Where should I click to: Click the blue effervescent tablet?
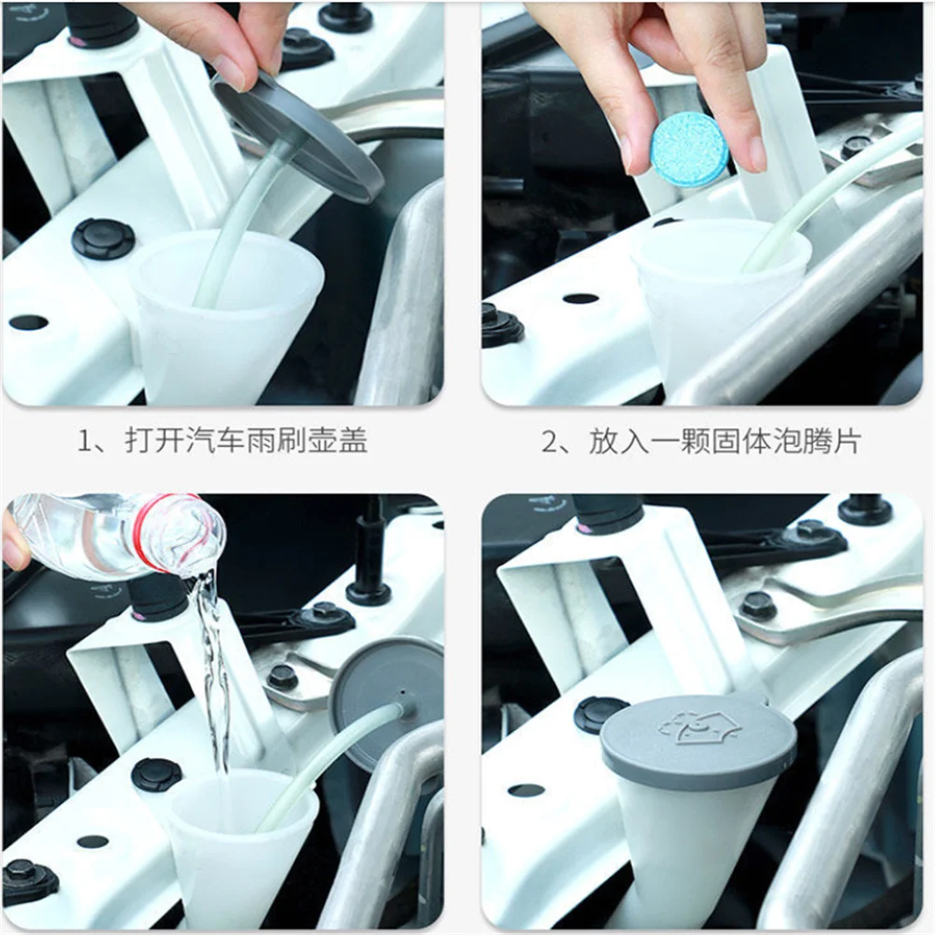tap(690, 150)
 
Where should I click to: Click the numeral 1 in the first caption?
tap(85, 441)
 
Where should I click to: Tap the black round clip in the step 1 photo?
tap(103, 238)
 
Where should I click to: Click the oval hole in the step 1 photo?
tap(28, 323)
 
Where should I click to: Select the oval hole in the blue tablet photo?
tap(581, 298)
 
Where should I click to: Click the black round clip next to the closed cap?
tap(599, 714)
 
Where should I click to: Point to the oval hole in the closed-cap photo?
tap(525, 790)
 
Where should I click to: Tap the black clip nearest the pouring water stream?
tap(156, 774)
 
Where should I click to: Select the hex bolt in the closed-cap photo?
tap(756, 605)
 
